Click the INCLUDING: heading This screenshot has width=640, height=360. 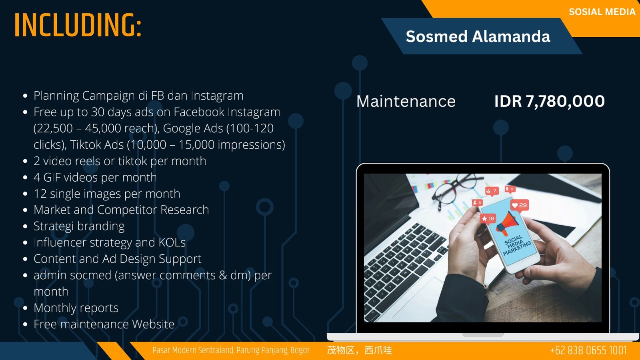[78, 25]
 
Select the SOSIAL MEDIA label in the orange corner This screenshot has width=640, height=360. [602, 12]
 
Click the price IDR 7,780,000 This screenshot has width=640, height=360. [550, 101]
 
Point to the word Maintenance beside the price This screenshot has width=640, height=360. [406, 101]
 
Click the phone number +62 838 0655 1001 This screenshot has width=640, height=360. [588, 350]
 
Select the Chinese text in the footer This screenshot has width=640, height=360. [360, 350]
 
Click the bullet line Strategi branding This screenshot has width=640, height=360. [79, 226]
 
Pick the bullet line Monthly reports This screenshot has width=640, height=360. [76, 308]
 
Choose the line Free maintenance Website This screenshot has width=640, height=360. [104, 324]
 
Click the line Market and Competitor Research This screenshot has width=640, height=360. [121, 210]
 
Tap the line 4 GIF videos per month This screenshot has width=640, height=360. [95, 177]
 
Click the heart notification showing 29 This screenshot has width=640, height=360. [520, 205]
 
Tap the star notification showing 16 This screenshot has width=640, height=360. [488, 218]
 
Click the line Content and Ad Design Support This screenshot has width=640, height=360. [118, 258]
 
